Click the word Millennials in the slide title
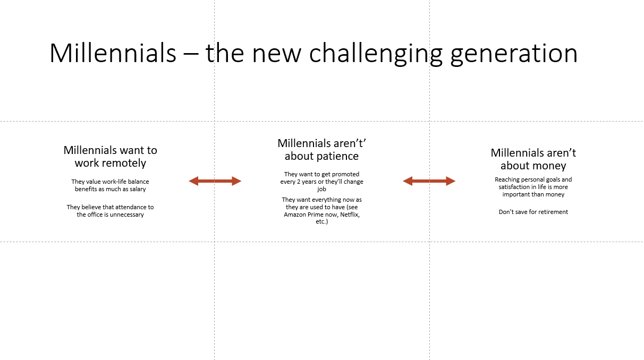click(x=113, y=54)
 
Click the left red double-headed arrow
click(x=215, y=181)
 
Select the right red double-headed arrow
click(x=429, y=181)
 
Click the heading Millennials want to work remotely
click(x=111, y=157)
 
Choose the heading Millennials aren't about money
click(x=533, y=159)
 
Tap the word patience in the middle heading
click(x=337, y=156)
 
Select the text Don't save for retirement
click(x=533, y=212)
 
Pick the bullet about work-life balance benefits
click(x=111, y=185)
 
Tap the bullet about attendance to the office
click(x=111, y=211)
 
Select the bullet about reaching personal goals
click(x=533, y=187)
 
